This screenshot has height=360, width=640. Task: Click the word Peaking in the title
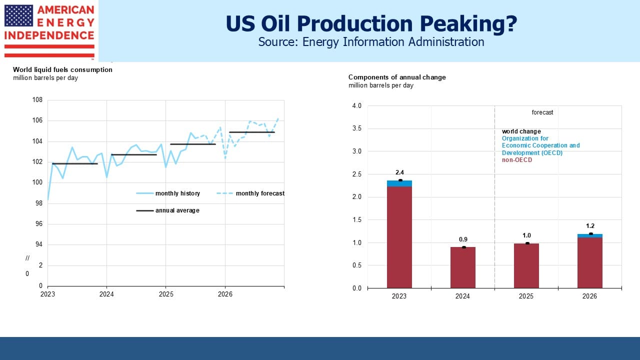point(468,23)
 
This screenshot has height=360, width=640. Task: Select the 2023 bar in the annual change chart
point(399,234)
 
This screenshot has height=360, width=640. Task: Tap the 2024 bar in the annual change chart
point(463,267)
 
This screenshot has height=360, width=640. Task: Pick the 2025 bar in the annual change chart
point(526,265)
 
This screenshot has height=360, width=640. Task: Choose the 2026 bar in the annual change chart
point(589,261)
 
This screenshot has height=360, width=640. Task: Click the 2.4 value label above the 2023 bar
point(399,172)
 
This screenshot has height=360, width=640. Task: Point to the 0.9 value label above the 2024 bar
point(463,239)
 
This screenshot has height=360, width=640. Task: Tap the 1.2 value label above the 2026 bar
point(590,226)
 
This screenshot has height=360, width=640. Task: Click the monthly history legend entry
point(168,193)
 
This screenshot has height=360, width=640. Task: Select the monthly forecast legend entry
point(250,193)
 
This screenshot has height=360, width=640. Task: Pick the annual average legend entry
point(167,210)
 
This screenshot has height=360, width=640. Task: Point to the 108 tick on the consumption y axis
point(37,99)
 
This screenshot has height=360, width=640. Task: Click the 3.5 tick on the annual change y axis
point(356,128)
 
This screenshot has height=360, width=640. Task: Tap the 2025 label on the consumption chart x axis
point(166,294)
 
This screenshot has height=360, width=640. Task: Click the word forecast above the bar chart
point(542,112)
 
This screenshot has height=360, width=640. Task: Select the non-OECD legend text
point(517,160)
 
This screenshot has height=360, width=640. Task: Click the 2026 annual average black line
point(251,132)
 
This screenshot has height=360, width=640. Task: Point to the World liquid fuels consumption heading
point(62,69)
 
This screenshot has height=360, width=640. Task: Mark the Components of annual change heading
point(397,77)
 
